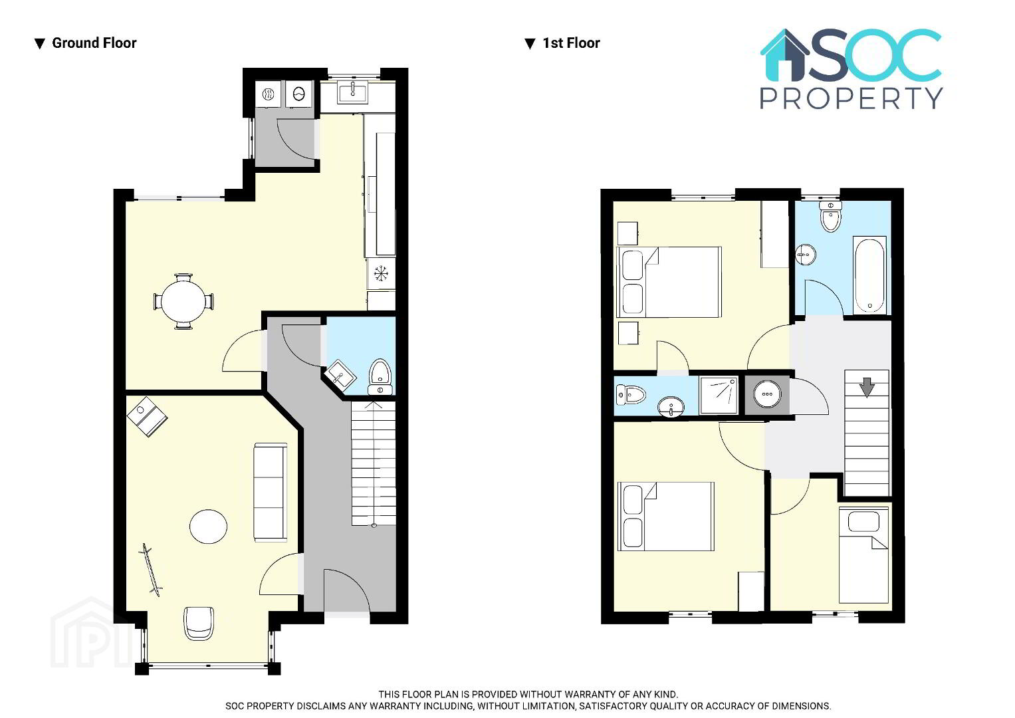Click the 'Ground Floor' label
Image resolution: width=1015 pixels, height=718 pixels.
(94, 43)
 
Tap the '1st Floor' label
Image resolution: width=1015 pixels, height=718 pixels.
(571, 43)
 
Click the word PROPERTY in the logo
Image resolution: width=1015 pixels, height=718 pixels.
(851, 98)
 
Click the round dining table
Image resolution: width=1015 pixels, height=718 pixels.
(183, 301)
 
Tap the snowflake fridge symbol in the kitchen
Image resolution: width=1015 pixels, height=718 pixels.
(381, 273)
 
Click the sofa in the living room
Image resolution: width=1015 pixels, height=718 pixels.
(270, 492)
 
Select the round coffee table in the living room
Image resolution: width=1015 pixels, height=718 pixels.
(208, 527)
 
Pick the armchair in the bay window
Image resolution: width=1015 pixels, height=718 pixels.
(199, 624)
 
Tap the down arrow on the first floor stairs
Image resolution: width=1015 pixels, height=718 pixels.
(867, 387)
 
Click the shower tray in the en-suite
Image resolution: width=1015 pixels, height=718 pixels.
(719, 395)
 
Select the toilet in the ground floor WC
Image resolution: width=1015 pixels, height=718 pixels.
(380, 377)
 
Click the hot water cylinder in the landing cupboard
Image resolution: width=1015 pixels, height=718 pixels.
(767, 394)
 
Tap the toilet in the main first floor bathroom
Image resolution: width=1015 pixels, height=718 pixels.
(831, 216)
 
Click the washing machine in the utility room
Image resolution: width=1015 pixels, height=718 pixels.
(298, 94)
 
